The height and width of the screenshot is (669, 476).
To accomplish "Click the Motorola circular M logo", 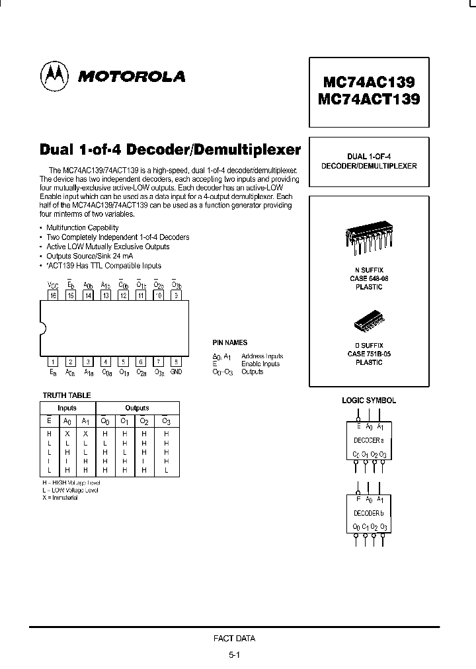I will (x=55, y=76).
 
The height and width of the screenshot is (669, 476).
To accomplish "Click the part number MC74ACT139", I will (x=369, y=100).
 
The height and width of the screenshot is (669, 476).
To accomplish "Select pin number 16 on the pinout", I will (x=52, y=295).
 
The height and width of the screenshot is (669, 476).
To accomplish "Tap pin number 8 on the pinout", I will (x=176, y=362).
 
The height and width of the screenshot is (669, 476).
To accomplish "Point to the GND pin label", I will (x=176, y=372).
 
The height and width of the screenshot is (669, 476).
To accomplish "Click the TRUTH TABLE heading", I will (x=66, y=395).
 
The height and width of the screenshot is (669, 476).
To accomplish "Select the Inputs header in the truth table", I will (x=67, y=408).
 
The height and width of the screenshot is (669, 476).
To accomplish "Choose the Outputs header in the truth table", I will (x=137, y=408).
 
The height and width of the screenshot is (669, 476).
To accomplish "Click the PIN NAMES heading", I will (x=229, y=343).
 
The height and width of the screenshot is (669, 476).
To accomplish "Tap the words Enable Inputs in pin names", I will (x=260, y=364).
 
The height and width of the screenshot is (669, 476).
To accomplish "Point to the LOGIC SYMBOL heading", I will (x=368, y=401).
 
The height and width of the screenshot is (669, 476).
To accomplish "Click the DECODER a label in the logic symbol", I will (x=369, y=440).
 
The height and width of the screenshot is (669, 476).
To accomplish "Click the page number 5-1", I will (x=234, y=655).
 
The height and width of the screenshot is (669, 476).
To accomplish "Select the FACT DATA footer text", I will (x=234, y=639).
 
